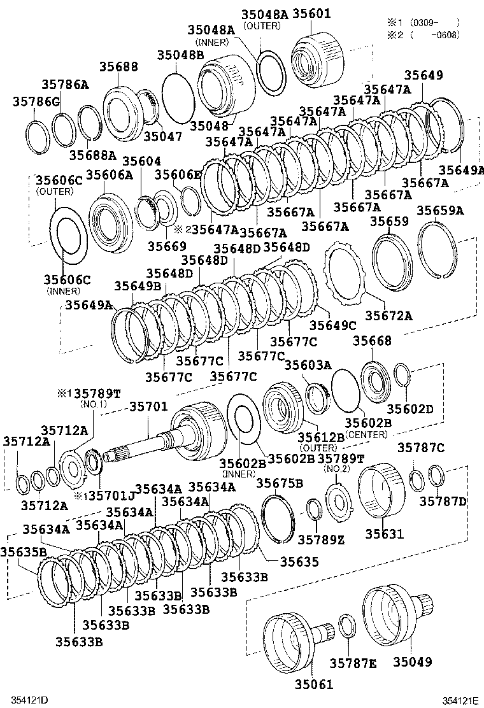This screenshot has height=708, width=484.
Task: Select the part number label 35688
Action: point(119,66)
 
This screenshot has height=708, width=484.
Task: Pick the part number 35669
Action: point(167,246)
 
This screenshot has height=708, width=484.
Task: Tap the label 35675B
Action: point(279,483)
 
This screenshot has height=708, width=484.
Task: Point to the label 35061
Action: point(313,684)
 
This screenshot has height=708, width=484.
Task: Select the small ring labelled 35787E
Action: point(347,626)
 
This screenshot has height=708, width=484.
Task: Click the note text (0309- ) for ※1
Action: point(438,23)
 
